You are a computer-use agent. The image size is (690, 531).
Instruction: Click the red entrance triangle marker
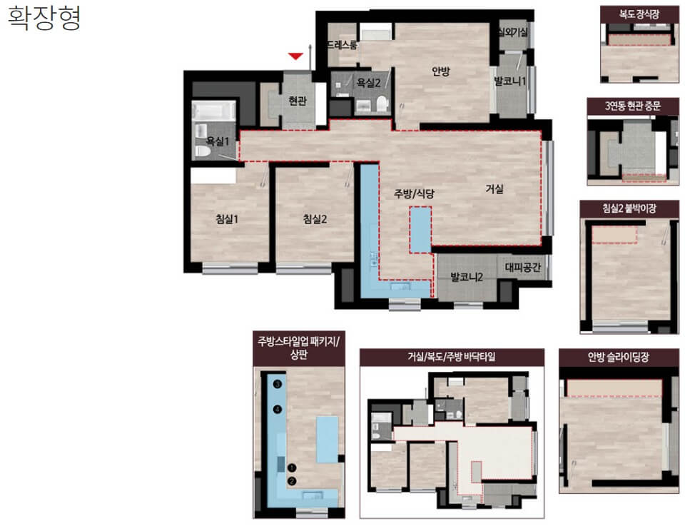[x=295, y=56]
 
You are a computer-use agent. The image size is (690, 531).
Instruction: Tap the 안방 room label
[x=440, y=71]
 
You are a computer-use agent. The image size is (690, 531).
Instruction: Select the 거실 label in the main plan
[x=494, y=189]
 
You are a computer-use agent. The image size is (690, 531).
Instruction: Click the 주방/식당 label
[x=414, y=193]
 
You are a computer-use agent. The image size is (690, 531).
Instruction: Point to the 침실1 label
[x=227, y=219]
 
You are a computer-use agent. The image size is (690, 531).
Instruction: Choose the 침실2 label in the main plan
[x=315, y=219]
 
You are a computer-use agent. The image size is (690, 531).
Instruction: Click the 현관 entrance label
[x=298, y=101]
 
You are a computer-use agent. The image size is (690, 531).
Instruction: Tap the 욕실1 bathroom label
[x=218, y=141]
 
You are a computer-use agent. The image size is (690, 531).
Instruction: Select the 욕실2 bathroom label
[x=368, y=82]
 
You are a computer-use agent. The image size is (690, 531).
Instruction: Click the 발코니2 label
[x=467, y=277]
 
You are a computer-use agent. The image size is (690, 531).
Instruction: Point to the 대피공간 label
[x=522, y=267]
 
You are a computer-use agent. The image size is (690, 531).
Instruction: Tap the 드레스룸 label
[x=342, y=45]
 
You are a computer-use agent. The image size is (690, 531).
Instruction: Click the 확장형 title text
[x=44, y=18]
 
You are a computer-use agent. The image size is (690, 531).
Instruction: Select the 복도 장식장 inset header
[x=639, y=14]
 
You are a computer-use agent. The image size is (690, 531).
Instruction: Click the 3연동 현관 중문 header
[x=632, y=106]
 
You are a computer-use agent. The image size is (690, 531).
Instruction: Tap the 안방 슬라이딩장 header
[x=618, y=357]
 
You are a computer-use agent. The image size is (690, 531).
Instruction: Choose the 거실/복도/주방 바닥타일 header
[x=452, y=357]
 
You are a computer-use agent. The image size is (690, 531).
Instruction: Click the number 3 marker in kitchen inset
[x=278, y=384]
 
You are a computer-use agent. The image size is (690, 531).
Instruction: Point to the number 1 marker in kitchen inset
[x=292, y=467]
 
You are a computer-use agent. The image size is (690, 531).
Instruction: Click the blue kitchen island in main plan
[x=420, y=229]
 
